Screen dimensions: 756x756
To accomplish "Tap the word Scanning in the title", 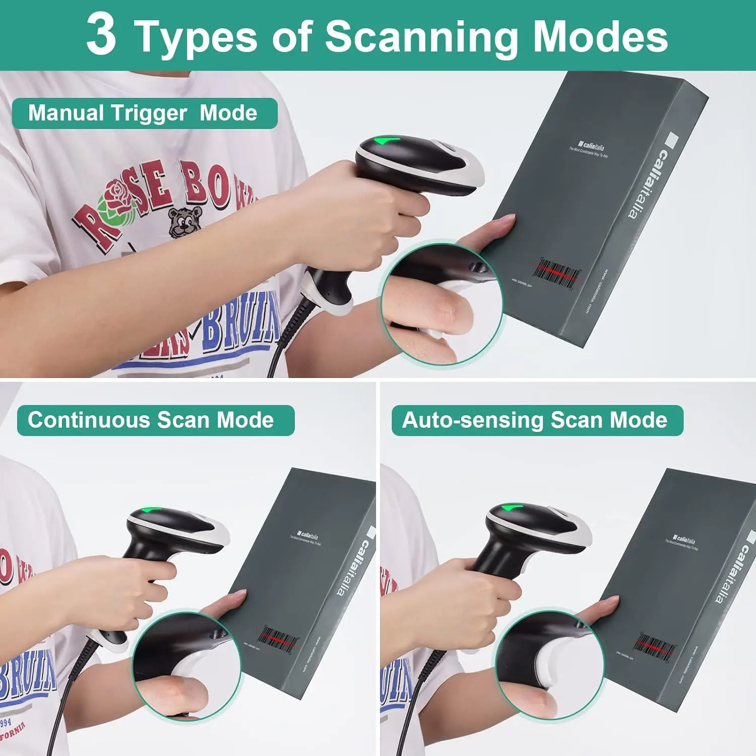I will point(421,37).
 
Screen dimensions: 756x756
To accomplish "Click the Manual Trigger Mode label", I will point(143,113).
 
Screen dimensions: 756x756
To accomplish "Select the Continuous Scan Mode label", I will point(151,420).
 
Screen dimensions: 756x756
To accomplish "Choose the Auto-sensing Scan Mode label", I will point(535,420).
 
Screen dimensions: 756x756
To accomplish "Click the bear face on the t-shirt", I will point(184,220).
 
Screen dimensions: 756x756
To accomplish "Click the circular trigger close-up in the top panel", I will point(442,303).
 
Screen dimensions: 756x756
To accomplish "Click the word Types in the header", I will point(197,37).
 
